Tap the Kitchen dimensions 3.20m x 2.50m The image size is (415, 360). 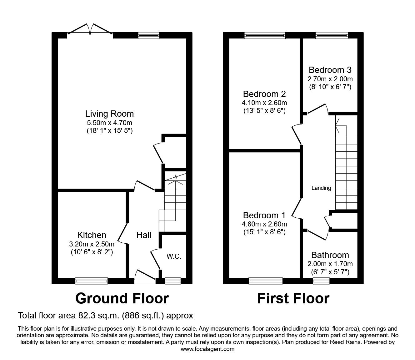[x=92, y=244]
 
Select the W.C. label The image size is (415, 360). [x=174, y=256]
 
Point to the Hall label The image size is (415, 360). [x=144, y=235]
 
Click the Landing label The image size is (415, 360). [x=321, y=188]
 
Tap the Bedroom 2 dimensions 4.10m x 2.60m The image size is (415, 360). [x=264, y=103]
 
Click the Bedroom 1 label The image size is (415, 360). [x=264, y=215]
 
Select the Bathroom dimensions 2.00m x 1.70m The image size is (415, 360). [x=330, y=264]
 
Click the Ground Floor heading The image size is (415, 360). [x=122, y=298]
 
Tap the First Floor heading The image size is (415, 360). [x=293, y=298]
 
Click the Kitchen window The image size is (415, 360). [x=91, y=281]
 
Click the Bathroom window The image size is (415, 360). [x=319, y=281]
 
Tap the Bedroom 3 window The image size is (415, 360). [x=332, y=36]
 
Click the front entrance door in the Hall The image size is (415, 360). [x=145, y=275]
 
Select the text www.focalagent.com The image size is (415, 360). [x=207, y=349]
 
